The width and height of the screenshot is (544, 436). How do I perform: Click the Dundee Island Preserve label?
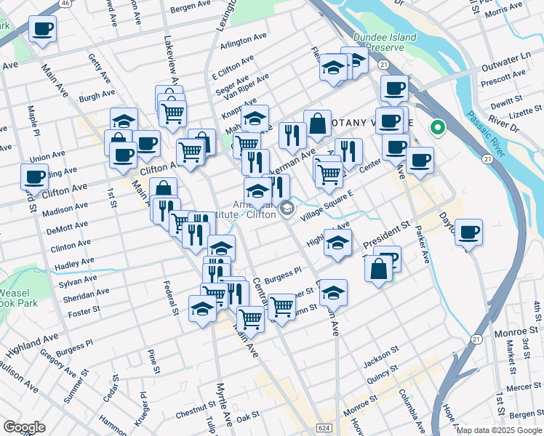(384, 42)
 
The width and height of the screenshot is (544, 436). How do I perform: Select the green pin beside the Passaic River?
(437, 128)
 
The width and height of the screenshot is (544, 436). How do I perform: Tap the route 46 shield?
(65, 4)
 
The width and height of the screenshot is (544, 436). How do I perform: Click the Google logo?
(24, 427)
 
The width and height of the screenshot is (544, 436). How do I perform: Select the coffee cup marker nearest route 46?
(42, 29)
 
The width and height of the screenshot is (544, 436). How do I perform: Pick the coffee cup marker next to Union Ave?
(34, 175)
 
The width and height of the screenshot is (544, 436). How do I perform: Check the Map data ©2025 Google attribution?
(499, 430)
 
